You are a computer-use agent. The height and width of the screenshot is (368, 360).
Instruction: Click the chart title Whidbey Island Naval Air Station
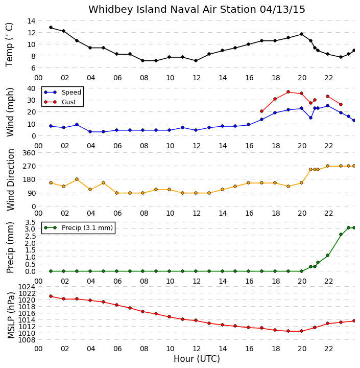(x=173, y=9)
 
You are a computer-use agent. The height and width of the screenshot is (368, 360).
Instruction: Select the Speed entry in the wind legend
(x=63, y=92)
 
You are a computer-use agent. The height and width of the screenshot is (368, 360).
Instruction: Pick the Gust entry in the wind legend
(x=60, y=102)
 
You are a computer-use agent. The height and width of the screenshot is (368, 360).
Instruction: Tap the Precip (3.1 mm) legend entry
(x=78, y=227)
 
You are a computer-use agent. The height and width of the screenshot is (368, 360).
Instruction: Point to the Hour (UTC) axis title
(x=197, y=359)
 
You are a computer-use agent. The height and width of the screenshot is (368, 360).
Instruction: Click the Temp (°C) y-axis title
(x=9, y=44)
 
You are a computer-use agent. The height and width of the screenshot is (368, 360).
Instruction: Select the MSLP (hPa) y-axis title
(x=11, y=315)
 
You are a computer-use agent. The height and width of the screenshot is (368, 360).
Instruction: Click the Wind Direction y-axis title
(x=11, y=180)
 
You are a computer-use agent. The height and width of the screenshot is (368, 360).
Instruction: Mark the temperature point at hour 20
(x=302, y=34)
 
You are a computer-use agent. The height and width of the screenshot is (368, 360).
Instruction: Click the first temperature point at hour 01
(x=51, y=28)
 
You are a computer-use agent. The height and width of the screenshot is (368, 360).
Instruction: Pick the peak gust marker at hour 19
(x=288, y=92)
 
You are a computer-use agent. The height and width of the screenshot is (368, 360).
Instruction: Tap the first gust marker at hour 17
(x=262, y=111)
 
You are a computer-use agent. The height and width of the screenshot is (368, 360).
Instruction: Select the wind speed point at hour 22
(x=328, y=106)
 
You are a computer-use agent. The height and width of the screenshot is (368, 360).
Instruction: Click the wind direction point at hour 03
(x=77, y=179)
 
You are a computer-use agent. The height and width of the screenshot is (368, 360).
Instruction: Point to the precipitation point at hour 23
(x=341, y=234)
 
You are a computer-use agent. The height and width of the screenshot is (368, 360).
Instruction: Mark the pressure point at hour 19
(x=288, y=331)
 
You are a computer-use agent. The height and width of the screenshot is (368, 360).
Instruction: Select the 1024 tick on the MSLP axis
(x=27, y=287)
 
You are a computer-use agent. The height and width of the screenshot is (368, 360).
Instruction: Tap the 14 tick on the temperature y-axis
(x=31, y=21)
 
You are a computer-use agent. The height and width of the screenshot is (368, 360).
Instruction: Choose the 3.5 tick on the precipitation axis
(x=30, y=222)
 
